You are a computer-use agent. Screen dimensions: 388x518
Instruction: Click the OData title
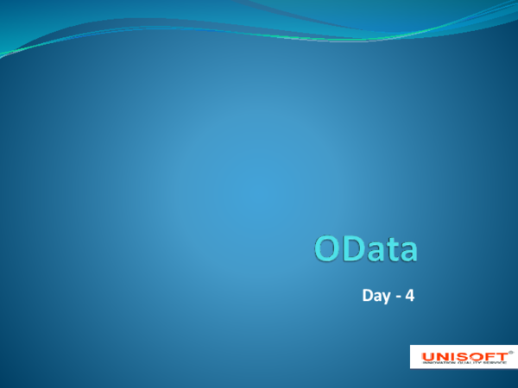point(365,249)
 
